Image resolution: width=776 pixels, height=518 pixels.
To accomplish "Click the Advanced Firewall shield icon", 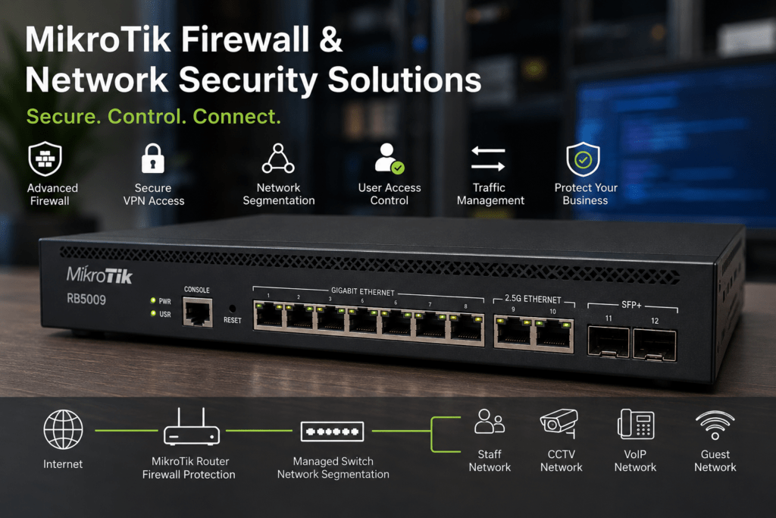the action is (45, 159).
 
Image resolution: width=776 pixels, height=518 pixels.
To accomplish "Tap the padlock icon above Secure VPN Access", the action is (152, 159).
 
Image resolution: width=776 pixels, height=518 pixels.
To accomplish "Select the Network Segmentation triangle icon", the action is (278, 159).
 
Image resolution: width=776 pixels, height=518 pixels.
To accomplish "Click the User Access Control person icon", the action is (389, 159).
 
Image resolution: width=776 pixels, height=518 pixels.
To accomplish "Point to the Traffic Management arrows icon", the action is (488, 159).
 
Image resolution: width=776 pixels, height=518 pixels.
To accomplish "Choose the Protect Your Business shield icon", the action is (583, 159).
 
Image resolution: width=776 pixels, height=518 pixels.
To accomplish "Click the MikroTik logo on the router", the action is (99, 275).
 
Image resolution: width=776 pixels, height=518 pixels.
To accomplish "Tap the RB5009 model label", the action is (86, 299).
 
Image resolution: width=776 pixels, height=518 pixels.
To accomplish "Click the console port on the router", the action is (198, 312).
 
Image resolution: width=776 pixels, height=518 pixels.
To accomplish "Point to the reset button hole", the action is (232, 309).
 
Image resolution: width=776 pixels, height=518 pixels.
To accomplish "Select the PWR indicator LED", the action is (153, 300).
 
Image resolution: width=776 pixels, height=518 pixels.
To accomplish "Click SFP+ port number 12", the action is (654, 345).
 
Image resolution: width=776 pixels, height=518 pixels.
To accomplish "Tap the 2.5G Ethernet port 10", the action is (554, 334).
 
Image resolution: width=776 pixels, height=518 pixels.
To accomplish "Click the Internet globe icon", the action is (63, 429).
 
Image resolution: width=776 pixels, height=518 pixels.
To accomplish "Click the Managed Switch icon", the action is (332, 432).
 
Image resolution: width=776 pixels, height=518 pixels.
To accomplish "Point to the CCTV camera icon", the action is (559, 423).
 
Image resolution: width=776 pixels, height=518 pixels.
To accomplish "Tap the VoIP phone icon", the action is (636, 425).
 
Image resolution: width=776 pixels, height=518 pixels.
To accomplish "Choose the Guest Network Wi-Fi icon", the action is (715, 425).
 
